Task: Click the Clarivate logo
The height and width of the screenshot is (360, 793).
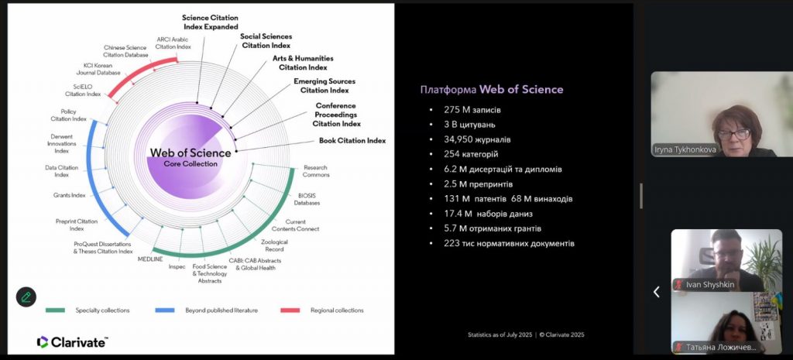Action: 72,341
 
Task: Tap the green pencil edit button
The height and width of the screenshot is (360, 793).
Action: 26,297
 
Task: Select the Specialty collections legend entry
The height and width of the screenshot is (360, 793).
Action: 101,310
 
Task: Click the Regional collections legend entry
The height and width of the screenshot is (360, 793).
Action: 336,310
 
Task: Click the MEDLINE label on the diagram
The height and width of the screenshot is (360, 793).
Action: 151,259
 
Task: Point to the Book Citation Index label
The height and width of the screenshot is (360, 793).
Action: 352,141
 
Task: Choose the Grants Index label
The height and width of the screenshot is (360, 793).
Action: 69,195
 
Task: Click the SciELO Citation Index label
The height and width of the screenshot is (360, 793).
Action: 83,90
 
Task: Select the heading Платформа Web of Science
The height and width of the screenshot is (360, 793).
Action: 491,89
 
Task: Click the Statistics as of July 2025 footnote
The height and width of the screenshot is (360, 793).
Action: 526,334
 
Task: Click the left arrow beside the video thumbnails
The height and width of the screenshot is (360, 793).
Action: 657,292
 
